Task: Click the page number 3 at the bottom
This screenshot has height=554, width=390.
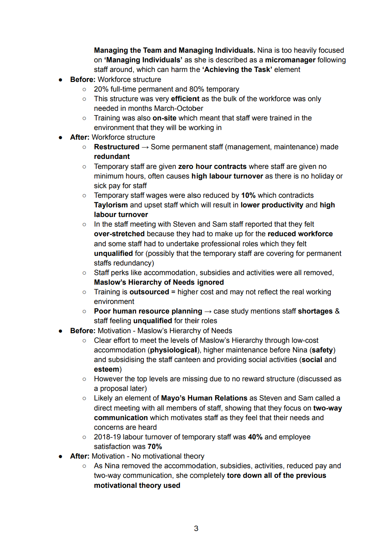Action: (196, 528)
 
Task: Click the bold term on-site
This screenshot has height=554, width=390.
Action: (164, 118)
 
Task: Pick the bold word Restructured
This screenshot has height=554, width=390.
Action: (117, 147)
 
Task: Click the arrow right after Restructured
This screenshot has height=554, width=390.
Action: (145, 147)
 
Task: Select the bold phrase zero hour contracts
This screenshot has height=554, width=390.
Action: (212, 167)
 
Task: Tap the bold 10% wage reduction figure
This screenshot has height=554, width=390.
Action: (248, 195)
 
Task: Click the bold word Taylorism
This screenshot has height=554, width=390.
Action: (111, 205)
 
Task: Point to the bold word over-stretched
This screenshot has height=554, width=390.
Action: (119, 234)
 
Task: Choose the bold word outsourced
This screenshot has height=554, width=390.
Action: (149, 292)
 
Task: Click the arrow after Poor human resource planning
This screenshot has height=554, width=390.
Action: (208, 311)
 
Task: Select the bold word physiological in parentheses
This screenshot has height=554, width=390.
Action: (173, 350)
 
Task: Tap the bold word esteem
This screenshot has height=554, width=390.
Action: (107, 369)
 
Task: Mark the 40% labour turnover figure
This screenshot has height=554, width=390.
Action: (255, 437)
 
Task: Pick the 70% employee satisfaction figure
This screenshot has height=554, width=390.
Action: (155, 447)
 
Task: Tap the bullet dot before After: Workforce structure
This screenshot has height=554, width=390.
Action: (61, 137)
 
